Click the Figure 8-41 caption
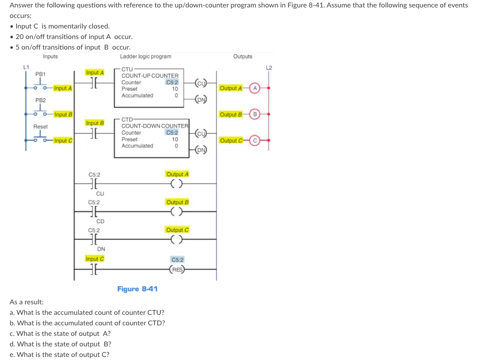pyautogui.click(x=137, y=289)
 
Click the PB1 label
pyautogui.click(x=40, y=74)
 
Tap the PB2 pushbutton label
pyautogui.click(x=40, y=100)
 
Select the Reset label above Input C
pyautogui.click(x=40, y=126)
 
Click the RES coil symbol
pyautogui.click(x=177, y=270)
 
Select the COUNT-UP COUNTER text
pyautogui.click(x=150, y=76)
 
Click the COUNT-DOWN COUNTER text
pyautogui.click(x=155, y=126)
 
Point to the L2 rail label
pyautogui.click(x=269, y=67)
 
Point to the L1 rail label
pyautogui.click(x=26, y=67)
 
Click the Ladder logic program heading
pyautogui.click(x=145, y=57)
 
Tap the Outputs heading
pyautogui.click(x=242, y=57)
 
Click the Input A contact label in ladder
pyautogui.click(x=95, y=72)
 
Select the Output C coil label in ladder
pyautogui.click(x=177, y=230)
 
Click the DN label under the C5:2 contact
pyautogui.click(x=101, y=249)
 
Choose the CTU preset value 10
pyautogui.click(x=175, y=89)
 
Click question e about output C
pyautogui.click(x=60, y=355)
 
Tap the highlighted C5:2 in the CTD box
pyautogui.click(x=172, y=132)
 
